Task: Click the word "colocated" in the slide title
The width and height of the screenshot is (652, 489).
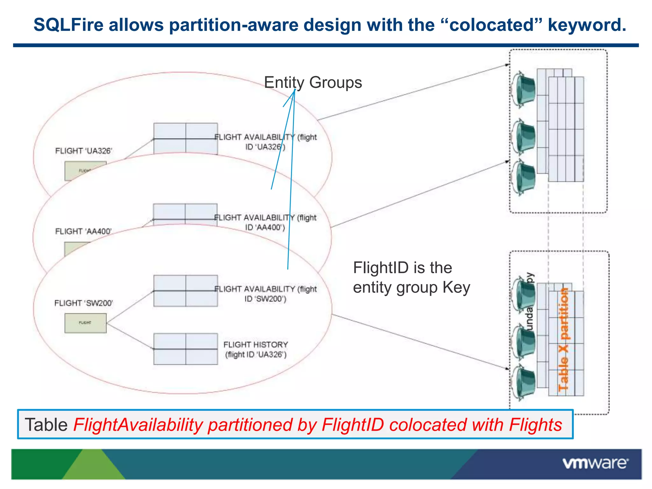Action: point(492,25)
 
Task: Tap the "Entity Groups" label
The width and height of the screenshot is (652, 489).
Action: point(313,82)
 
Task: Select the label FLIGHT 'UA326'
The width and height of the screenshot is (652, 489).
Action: point(84,151)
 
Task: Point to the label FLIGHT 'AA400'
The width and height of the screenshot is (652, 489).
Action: point(83,231)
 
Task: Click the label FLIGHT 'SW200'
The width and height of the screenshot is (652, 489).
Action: point(84,303)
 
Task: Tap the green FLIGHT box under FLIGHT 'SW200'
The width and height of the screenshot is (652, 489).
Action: point(85,323)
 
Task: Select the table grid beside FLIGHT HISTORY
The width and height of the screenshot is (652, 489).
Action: point(186,349)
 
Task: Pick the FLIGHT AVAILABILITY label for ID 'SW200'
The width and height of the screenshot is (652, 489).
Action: point(266,294)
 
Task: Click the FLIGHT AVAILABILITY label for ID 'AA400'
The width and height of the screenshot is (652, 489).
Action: point(265,222)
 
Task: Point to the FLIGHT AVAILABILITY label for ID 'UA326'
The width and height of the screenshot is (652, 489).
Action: point(266,142)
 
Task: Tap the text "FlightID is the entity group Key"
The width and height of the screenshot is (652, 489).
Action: point(411,278)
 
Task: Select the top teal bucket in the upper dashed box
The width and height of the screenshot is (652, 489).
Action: point(524,89)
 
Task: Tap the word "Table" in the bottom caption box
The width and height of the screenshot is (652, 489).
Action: point(46,425)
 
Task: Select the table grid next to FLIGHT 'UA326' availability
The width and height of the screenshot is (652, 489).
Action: point(186,139)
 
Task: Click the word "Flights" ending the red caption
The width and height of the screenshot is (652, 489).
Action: point(535,425)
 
